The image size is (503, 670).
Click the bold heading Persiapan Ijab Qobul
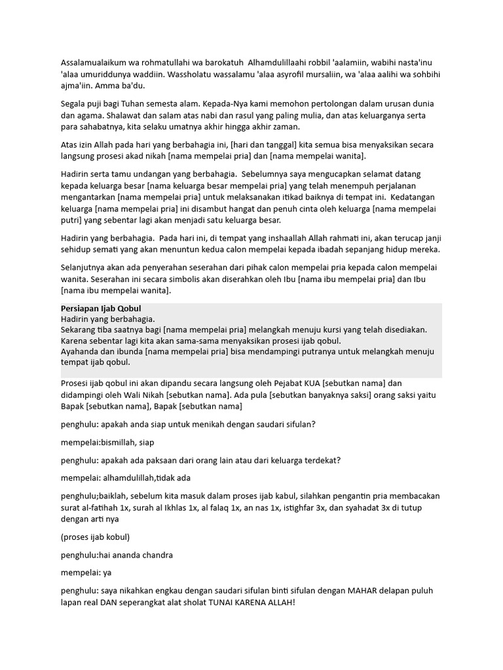(x=101, y=308)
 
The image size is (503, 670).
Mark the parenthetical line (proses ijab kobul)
(x=96, y=537)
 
